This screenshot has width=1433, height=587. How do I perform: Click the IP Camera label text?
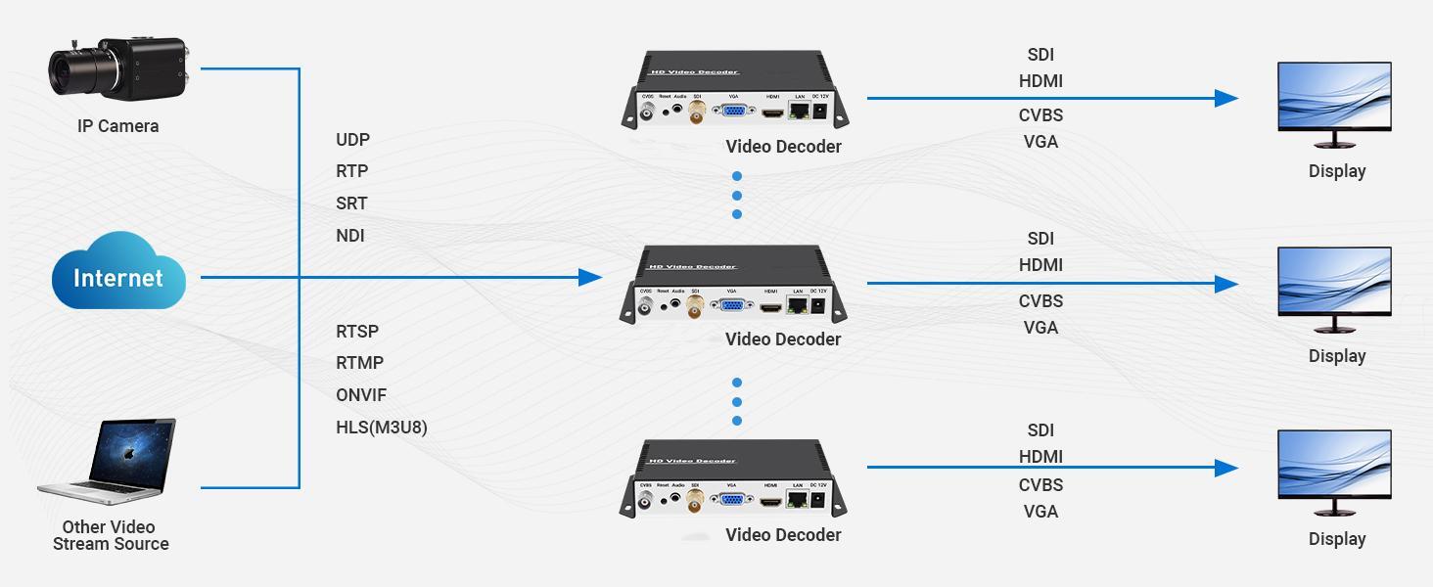[117, 126]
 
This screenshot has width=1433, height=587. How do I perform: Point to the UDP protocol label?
[353, 140]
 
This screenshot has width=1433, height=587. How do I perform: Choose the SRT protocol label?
[351, 203]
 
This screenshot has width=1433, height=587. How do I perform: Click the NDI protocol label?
[350, 236]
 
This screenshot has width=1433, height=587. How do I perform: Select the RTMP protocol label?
[359, 363]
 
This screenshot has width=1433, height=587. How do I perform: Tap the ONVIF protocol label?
[361, 395]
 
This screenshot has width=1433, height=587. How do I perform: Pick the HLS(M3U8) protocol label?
[382, 428]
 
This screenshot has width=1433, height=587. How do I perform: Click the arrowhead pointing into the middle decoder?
[589, 278]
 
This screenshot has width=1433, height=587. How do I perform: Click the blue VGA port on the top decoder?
[731, 113]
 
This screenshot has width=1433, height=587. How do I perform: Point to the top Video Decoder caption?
[783, 147]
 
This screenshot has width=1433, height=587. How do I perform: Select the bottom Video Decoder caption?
[783, 535]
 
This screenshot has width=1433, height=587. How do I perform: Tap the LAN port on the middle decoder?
[799, 306]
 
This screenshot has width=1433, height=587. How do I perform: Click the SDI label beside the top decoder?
[1040, 55]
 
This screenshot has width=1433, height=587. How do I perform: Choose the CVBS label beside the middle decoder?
[1040, 301]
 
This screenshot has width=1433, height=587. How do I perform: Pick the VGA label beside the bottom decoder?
[1040, 512]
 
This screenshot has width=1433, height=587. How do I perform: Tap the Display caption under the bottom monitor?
[1336, 539]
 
